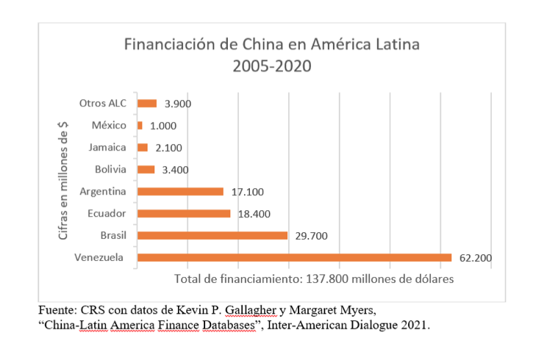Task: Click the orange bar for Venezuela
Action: (x=294, y=257)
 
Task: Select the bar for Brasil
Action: (x=212, y=235)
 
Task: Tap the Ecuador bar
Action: (x=184, y=213)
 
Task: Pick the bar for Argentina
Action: (x=180, y=191)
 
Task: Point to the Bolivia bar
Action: (x=146, y=170)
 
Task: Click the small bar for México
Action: (x=140, y=126)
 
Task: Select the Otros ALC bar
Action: (x=147, y=104)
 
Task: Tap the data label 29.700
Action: (x=310, y=236)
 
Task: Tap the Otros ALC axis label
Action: (x=103, y=103)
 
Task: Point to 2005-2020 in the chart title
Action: (x=271, y=67)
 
